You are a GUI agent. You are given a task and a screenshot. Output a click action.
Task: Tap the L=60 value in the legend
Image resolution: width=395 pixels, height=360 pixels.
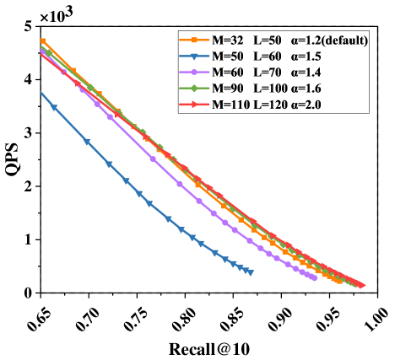click(270, 56)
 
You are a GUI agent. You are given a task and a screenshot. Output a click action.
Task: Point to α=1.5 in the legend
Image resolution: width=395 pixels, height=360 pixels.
click(306, 56)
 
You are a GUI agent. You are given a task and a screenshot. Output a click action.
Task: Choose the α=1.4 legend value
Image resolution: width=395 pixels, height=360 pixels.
click(306, 73)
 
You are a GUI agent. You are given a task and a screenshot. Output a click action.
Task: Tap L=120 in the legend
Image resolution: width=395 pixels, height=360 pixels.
click(273, 105)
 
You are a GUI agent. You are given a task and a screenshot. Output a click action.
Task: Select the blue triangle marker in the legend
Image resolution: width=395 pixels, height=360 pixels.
click(194, 56)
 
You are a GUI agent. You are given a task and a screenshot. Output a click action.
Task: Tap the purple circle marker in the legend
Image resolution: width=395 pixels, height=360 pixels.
click(194, 73)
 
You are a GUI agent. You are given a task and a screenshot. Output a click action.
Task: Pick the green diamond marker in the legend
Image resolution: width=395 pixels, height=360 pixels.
click(194, 89)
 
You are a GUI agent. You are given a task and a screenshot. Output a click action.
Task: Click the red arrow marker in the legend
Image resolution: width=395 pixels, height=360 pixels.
click(194, 105)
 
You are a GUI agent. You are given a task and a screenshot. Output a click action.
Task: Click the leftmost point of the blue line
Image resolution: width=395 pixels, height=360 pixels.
click(40, 93)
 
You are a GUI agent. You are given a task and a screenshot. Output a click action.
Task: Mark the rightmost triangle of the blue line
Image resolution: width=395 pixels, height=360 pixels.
click(251, 271)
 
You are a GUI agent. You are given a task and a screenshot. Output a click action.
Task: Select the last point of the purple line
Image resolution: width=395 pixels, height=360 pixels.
click(315, 277)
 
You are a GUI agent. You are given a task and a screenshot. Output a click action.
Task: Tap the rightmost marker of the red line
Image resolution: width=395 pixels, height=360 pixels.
click(361, 286)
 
